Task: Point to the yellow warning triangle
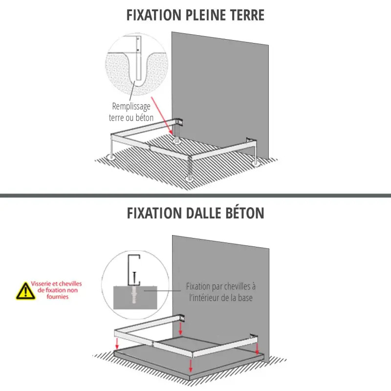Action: click(25, 291)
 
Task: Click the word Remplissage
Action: click(131, 107)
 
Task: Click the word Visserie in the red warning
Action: click(41, 283)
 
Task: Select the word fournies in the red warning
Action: click(57, 297)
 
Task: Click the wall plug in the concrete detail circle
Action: click(134, 294)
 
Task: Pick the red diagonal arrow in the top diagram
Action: click(162, 115)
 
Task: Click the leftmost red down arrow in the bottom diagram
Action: click(117, 344)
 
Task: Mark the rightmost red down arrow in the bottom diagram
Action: click(257, 348)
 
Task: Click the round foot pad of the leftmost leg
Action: click(111, 157)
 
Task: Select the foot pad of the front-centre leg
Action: click(190, 179)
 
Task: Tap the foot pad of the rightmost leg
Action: click(256, 163)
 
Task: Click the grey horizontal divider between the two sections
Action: click(195, 195)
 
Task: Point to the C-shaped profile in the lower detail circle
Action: click(134, 270)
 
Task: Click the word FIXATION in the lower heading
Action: click(154, 213)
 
